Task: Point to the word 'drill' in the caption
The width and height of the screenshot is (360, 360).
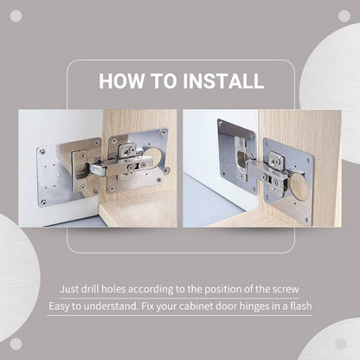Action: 96,289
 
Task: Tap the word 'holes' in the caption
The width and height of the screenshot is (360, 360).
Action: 125,289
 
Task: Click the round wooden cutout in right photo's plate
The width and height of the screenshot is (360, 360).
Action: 297,183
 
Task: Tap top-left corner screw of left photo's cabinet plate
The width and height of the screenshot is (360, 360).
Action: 42,153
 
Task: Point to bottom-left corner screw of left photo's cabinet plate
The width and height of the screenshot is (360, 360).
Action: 42,202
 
